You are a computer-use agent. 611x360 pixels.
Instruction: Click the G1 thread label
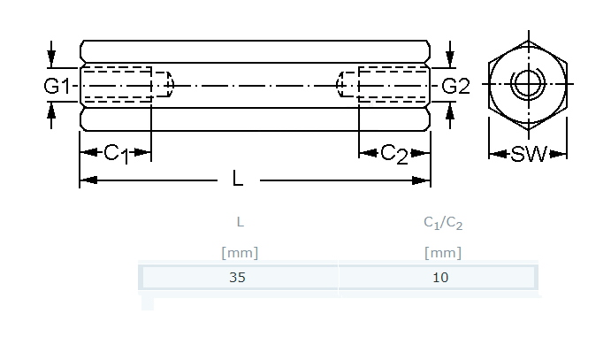click(x=57, y=86)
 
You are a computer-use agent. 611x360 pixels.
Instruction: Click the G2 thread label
click(x=455, y=86)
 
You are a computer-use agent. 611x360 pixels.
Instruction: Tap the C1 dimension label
click(x=116, y=154)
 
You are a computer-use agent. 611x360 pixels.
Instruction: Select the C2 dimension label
click(x=394, y=154)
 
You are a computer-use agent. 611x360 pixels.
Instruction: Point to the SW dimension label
click(x=529, y=154)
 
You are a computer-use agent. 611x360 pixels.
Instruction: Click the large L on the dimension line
click(x=238, y=179)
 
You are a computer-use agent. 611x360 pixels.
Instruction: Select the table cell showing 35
click(x=238, y=278)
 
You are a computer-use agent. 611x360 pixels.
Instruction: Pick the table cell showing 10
click(x=439, y=278)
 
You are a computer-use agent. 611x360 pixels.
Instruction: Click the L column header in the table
click(x=240, y=222)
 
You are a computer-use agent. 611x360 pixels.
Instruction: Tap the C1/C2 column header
click(x=443, y=223)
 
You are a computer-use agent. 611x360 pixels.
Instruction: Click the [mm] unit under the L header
click(x=240, y=253)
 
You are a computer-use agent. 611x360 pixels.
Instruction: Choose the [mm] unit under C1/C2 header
click(x=443, y=253)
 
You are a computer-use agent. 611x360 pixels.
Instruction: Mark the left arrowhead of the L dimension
click(x=88, y=180)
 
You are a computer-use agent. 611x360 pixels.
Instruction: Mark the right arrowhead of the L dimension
click(x=421, y=180)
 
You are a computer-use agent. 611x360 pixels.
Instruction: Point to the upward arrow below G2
click(x=450, y=115)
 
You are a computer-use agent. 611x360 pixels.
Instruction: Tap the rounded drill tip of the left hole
click(x=170, y=84)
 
